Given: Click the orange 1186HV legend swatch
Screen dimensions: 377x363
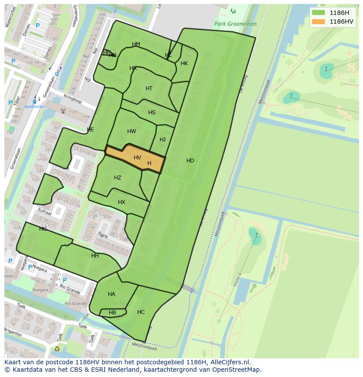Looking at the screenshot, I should coord(319,21).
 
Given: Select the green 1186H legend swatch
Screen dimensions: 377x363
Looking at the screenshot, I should coord(319,13).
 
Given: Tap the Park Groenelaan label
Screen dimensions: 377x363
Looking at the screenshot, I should coord(235,24).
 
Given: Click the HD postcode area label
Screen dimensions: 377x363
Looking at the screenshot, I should coord(190,161).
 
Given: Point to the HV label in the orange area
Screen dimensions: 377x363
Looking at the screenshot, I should coord(137,158).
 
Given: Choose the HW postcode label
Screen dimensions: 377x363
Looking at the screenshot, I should coord(132,131).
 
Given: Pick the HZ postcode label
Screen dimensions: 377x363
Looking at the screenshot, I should coord(117,178).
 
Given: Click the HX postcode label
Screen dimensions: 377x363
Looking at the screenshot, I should coord(121,202).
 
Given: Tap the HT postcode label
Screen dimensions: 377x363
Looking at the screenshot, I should coord(149,88).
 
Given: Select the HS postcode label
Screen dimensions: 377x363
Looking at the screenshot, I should coord(152,113).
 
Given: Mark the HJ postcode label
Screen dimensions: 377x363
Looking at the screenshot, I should coord(163,140).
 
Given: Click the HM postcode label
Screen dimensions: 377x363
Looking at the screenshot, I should coord(136,44).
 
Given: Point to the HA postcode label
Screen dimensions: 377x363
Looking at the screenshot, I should coord(111,294).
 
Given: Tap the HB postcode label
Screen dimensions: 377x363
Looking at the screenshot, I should coord(112,313).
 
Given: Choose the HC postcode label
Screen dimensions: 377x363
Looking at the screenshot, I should coord(141,312).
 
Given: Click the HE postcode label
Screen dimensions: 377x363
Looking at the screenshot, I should coord(90,130).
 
